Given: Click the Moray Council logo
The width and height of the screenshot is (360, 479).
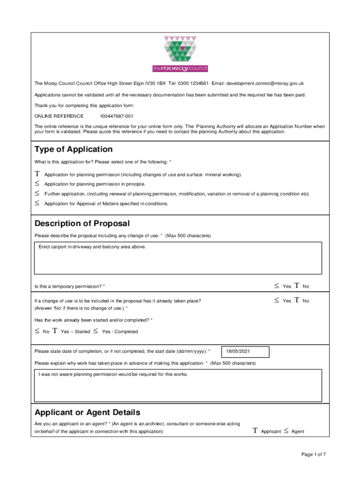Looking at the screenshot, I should pyautogui.click(x=180, y=54).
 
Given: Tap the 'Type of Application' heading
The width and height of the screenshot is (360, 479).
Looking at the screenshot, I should pyautogui.click(x=73, y=149).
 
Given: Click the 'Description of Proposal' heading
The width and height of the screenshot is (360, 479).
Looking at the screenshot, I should pyautogui.click(x=82, y=224).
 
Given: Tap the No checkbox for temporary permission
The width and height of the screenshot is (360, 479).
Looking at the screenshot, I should pyautogui.click(x=297, y=286).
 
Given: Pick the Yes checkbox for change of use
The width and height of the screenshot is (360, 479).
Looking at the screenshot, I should pyautogui.click(x=276, y=301).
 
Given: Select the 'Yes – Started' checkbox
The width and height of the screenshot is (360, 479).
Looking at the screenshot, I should pyautogui.click(x=55, y=331).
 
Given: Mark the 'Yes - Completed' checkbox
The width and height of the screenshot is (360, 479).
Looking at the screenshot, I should pyautogui.click(x=95, y=331).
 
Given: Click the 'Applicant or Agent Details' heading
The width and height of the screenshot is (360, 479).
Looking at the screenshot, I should pyautogui.click(x=87, y=412).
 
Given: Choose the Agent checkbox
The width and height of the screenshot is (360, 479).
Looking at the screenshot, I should pyautogui.click(x=286, y=431).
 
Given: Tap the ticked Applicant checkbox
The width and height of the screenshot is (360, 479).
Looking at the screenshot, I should pyautogui.click(x=255, y=431).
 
